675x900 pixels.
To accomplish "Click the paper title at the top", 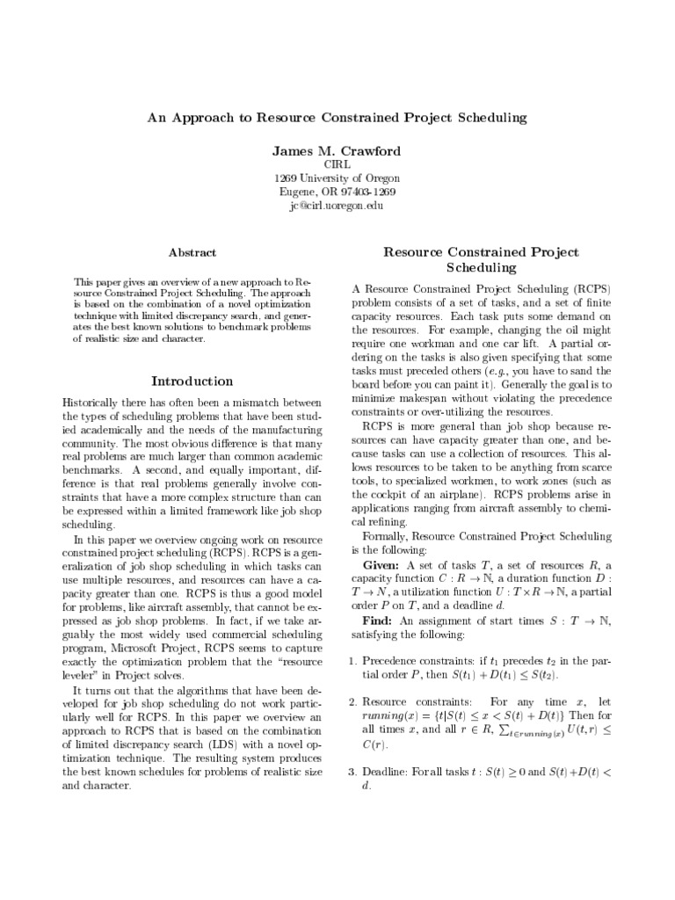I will point(337,116).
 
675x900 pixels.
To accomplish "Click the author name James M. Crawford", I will point(337,152).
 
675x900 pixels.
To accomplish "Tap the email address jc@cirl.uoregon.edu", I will point(337,206).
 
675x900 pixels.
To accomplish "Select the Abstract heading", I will point(192,252).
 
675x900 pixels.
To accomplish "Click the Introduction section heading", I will point(192,381).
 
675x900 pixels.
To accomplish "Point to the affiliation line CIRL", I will point(337,165).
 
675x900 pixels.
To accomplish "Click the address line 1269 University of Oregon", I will point(337,178).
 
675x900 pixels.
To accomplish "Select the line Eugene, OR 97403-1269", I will point(337,192).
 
